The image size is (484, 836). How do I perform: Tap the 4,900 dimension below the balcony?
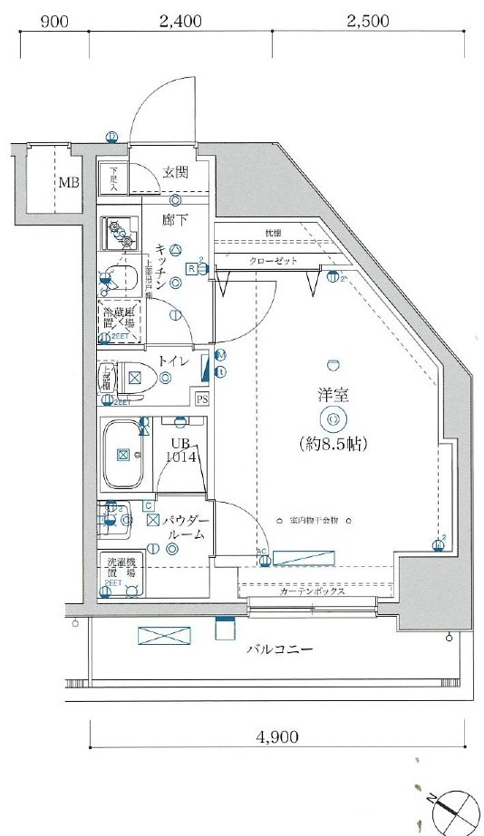pos(276,737)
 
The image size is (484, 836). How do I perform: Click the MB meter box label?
pos(69,183)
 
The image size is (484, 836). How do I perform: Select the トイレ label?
pos(173,360)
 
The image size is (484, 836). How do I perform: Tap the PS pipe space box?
pos(201,399)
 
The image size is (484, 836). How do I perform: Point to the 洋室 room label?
pos(334,396)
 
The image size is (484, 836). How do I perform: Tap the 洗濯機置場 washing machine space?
pos(118,573)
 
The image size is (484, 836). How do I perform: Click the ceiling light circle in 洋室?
pos(333,419)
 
